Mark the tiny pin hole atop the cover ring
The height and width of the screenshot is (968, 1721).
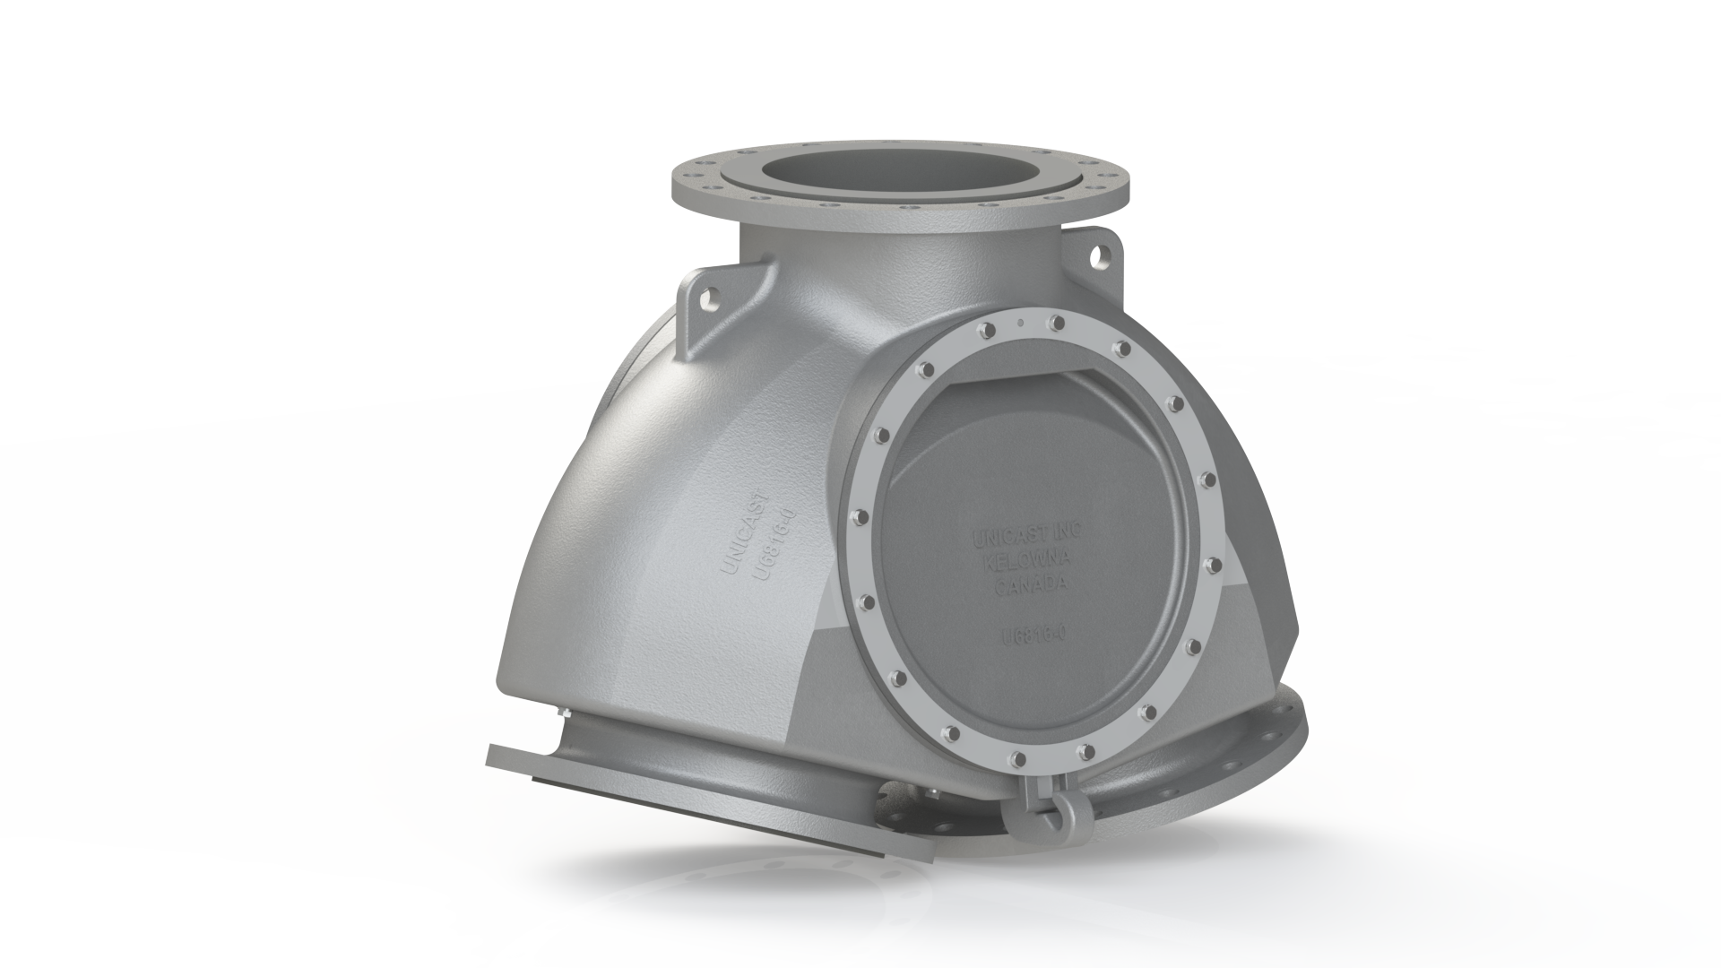coord(1020,320)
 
